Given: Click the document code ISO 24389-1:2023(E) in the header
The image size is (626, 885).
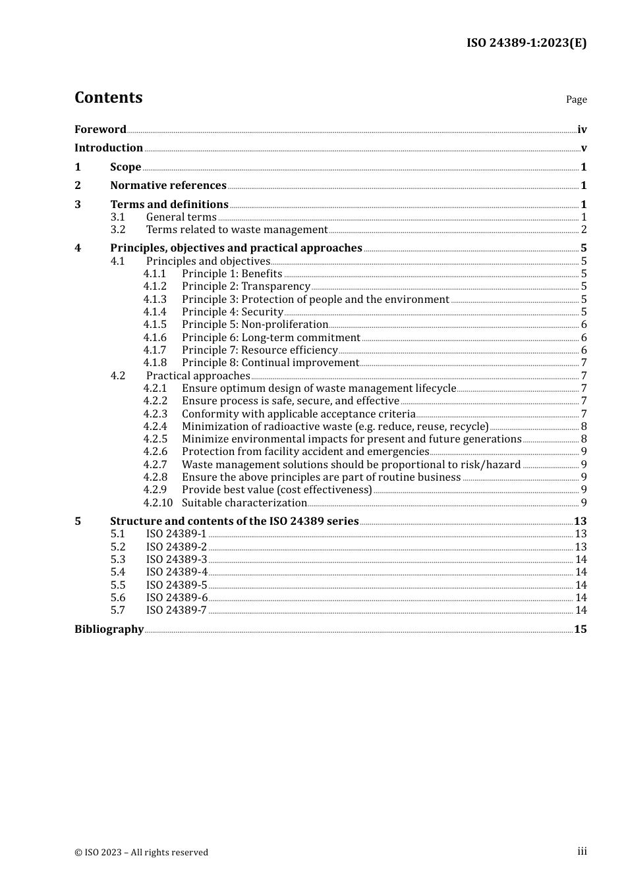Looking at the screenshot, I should pos(526,43).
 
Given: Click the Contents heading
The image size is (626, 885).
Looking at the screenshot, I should pos(108,97).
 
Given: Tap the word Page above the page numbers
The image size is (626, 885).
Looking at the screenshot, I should pos(576,99).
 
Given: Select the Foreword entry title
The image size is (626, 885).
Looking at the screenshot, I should pos(100,129).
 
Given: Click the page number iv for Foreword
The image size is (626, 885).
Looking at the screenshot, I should pos(582,129).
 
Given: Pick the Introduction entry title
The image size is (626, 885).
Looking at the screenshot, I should pos(109,147).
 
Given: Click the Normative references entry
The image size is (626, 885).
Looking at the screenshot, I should pos(168,185).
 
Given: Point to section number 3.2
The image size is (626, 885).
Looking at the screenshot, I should pos(118,229).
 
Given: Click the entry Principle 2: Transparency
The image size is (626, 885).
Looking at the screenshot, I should pos(246,286).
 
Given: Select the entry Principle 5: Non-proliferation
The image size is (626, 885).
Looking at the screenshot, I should pos(255,324).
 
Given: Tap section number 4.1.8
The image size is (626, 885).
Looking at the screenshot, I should pos(155,362).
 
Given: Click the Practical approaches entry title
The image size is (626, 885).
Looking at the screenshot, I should pos(198,375).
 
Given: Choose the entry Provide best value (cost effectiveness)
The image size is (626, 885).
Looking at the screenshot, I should pos(277,489).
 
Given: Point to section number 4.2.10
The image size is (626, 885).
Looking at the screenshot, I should pos(157,502).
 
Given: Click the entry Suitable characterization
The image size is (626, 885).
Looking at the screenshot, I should pos(244,502).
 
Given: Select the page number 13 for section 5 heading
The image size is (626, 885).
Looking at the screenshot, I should pos(580,521).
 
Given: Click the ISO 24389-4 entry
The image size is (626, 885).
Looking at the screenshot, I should pos(177,572).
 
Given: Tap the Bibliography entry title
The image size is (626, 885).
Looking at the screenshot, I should pos(109,629).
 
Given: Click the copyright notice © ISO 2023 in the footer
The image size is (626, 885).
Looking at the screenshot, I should pos(141,852).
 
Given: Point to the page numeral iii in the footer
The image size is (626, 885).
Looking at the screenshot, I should pos(582,851).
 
